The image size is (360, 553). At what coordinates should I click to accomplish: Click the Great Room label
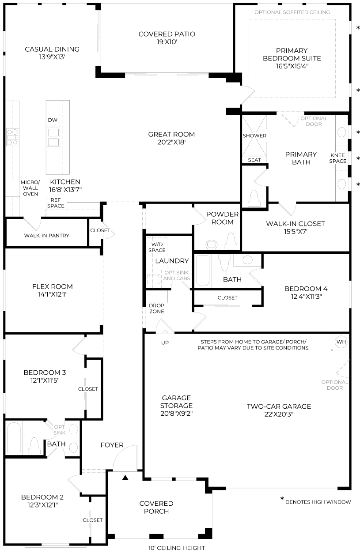click(171, 135)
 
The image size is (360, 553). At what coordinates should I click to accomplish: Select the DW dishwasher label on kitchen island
click(53, 120)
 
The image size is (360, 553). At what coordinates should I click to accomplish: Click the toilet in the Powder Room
click(231, 241)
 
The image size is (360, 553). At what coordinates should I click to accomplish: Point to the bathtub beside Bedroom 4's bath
click(203, 271)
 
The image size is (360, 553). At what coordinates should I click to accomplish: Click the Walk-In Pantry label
click(46, 236)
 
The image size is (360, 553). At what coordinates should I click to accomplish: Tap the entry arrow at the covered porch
click(125, 477)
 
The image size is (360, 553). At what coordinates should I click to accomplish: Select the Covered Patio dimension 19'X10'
click(167, 42)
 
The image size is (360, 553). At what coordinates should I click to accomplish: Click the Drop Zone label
click(156, 308)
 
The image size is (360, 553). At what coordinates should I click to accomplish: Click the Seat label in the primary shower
click(254, 160)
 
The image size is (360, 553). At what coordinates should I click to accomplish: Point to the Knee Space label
click(338, 158)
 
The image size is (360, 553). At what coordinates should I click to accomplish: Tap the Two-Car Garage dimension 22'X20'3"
click(278, 414)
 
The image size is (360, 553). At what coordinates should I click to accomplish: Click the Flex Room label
click(52, 286)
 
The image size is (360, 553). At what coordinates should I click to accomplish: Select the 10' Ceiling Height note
click(176, 548)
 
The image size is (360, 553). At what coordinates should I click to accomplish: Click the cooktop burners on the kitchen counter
click(12, 137)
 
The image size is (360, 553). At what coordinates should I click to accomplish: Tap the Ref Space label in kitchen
click(55, 203)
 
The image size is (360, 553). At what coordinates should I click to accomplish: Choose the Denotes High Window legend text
click(318, 502)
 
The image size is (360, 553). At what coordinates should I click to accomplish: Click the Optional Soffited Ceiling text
click(292, 12)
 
